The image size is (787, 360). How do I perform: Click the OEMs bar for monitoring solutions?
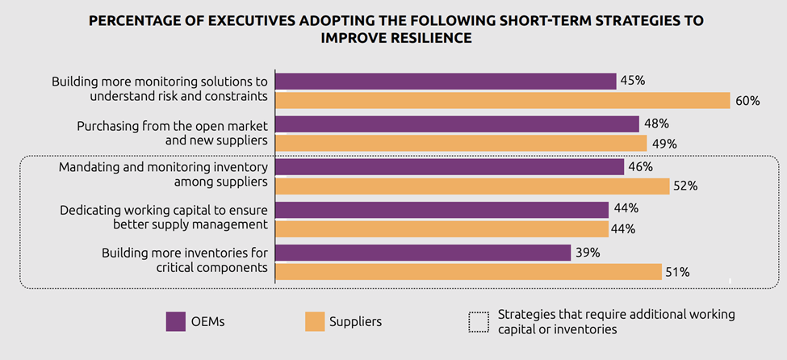click(446, 81)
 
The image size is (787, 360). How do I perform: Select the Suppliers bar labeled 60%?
click(502, 100)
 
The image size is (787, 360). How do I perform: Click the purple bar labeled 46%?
click(450, 167)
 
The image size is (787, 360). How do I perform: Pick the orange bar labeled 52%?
click(472, 186)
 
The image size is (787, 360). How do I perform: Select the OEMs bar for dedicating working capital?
click(442, 210)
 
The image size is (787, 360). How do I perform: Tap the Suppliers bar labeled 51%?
click(468, 272)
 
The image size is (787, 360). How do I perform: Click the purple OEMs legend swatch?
click(176, 321)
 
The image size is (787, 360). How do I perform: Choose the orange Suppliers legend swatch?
click(315, 321)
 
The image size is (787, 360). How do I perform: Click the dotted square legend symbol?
click(478, 321)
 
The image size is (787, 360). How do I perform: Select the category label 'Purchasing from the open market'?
click(173, 126)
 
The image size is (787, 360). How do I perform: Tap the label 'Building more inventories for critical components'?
click(185, 260)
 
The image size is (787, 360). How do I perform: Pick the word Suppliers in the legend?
click(355, 321)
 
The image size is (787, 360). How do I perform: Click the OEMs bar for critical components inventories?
click(423, 253)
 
